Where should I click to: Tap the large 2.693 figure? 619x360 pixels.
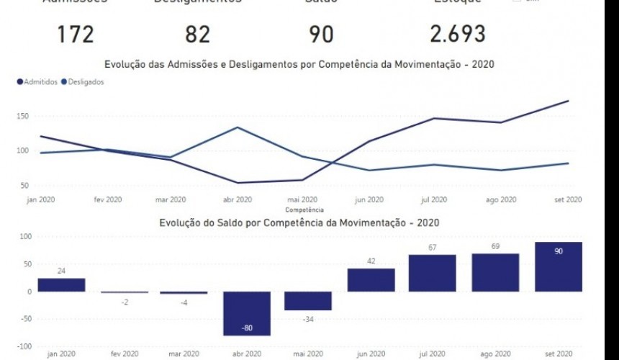(x=457, y=34)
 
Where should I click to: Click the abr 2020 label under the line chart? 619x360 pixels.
(x=238, y=199)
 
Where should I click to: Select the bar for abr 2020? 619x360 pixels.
(x=246, y=313)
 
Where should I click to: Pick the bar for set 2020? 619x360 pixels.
(x=559, y=266)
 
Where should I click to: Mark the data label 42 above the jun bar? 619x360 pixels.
(x=371, y=261)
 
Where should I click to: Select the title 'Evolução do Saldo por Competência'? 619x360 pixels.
(x=299, y=223)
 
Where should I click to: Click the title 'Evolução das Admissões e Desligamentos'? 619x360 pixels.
(x=299, y=65)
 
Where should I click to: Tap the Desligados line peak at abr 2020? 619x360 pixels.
(x=238, y=127)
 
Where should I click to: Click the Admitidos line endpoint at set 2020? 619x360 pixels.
(x=569, y=101)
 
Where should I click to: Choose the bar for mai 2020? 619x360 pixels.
(x=308, y=301)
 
